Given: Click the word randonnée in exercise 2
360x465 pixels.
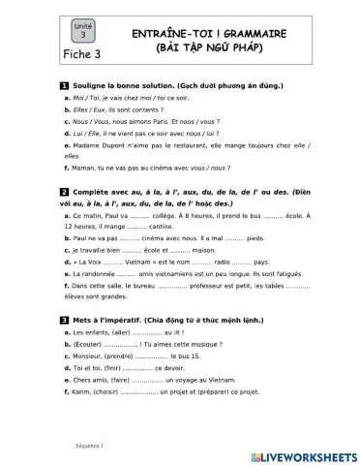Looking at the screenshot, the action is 103,275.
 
